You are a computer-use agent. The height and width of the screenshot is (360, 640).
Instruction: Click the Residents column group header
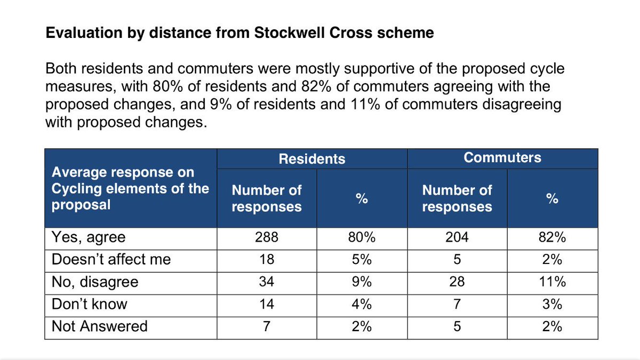pyautogui.click(x=312, y=159)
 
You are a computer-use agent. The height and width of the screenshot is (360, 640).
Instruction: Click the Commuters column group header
pyautogui.click(x=502, y=157)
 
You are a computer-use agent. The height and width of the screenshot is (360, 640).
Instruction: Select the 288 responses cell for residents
pyautogui.click(x=267, y=237)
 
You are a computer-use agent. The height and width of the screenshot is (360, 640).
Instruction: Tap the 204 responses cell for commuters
pyautogui.click(x=457, y=237)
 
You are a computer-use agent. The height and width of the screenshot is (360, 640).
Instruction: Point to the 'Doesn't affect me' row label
pyautogui.click(x=111, y=260)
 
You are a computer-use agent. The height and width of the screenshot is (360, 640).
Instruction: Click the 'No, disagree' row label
pyautogui.click(x=94, y=282)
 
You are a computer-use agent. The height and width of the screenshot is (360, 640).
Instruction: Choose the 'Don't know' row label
pyautogui.click(x=89, y=304)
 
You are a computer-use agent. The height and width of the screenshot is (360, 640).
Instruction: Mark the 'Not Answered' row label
pyautogui.click(x=99, y=326)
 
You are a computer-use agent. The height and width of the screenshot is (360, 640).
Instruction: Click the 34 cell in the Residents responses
pyautogui.click(x=267, y=282)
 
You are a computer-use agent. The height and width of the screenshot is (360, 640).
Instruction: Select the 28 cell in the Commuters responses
pyautogui.click(x=457, y=282)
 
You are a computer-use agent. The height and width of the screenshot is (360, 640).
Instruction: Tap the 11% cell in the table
pyautogui.click(x=552, y=282)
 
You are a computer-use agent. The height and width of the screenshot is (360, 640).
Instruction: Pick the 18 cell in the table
pyautogui.click(x=267, y=260)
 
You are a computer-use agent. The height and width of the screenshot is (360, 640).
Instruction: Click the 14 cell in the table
pyautogui.click(x=267, y=304)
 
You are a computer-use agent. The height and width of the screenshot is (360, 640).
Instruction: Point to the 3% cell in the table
pyautogui.click(x=552, y=304)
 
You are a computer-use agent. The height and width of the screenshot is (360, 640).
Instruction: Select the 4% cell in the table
pyautogui.click(x=362, y=304)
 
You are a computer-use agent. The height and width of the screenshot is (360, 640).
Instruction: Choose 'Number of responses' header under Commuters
pyautogui.click(x=457, y=198)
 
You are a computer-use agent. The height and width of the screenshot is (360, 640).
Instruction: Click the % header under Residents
pyautogui.click(x=362, y=198)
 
